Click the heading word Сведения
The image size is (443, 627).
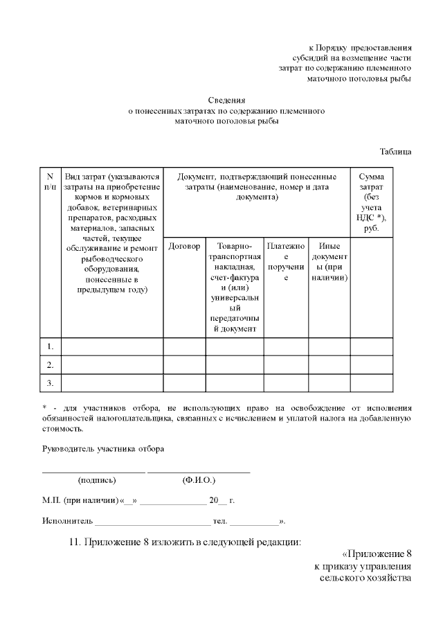(227, 100)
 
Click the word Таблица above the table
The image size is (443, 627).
(395, 151)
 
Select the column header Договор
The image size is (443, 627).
(184, 246)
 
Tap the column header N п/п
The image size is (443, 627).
(50, 182)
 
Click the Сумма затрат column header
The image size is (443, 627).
(372, 202)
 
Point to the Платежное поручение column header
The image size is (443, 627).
(286, 261)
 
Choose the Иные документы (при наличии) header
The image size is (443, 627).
(329, 261)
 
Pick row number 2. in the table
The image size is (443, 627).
(51, 364)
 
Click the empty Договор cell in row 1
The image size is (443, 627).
(184, 346)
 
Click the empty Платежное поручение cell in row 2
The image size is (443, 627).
(286, 364)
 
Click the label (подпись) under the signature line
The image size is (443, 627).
(97, 479)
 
